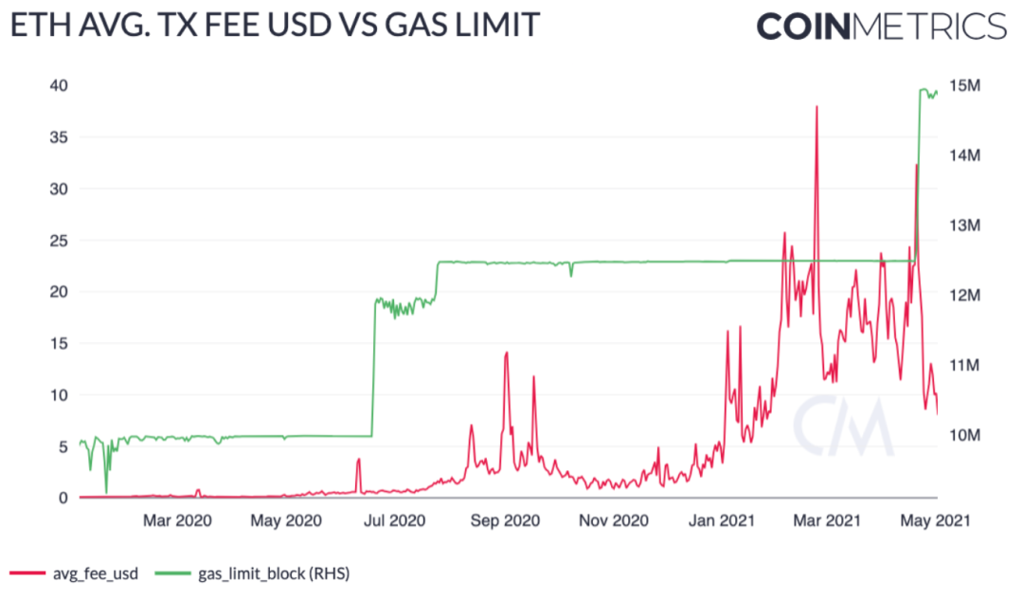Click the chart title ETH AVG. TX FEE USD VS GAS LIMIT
275,26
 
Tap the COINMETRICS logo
881,26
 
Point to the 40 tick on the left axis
58,85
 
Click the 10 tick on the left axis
58,394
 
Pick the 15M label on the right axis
963,85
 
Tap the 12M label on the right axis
963,296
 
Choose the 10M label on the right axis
963,435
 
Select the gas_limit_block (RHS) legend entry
251,573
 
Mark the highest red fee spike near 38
816,108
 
